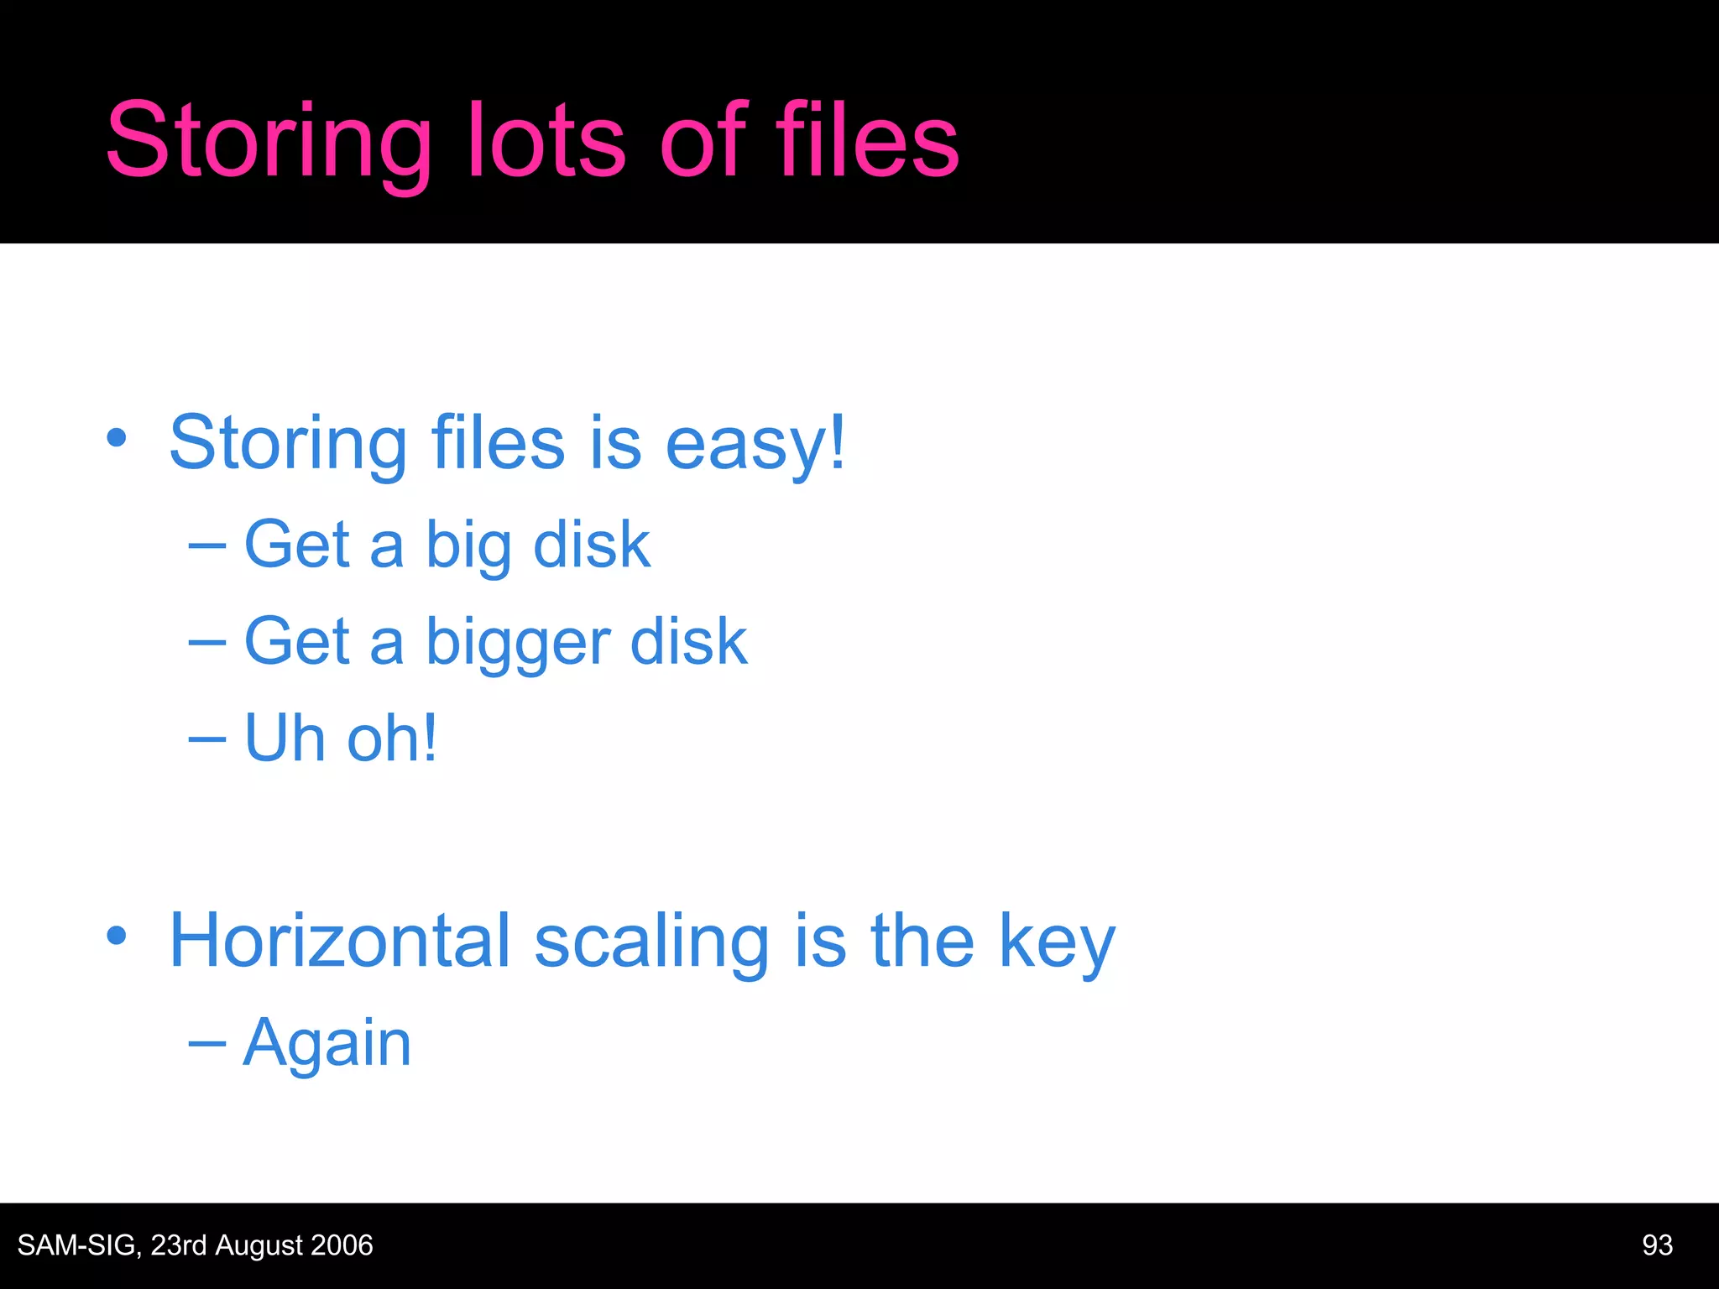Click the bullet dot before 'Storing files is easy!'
click(117, 437)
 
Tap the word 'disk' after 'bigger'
click(688, 642)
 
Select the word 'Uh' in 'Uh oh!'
click(285, 738)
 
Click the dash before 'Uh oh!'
click(207, 739)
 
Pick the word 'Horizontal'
click(339, 941)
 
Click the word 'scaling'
click(651, 942)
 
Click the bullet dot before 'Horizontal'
click(117, 936)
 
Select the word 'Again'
click(327, 1045)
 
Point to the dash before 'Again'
click(207, 1044)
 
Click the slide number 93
click(1657, 1245)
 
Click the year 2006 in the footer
click(342, 1245)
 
